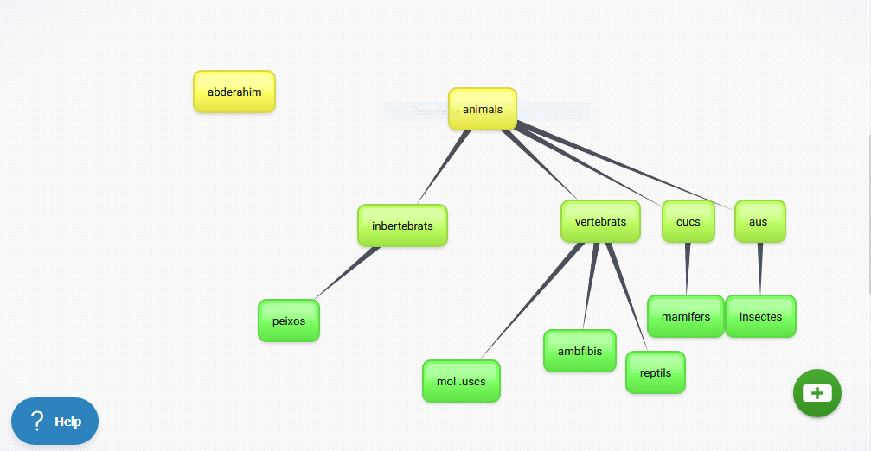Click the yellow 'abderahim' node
click(234, 92)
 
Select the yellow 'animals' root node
click(482, 110)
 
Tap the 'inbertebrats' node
click(402, 226)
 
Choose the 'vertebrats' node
click(600, 222)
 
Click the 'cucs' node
click(688, 222)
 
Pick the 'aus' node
click(759, 222)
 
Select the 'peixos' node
click(289, 321)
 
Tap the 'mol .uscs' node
click(461, 381)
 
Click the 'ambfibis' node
click(580, 351)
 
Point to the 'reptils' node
click(655, 372)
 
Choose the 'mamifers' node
click(685, 316)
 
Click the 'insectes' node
click(760, 316)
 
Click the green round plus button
click(817, 393)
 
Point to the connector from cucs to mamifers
click(688, 268)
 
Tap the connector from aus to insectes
click(760, 268)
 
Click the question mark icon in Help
click(37, 422)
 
